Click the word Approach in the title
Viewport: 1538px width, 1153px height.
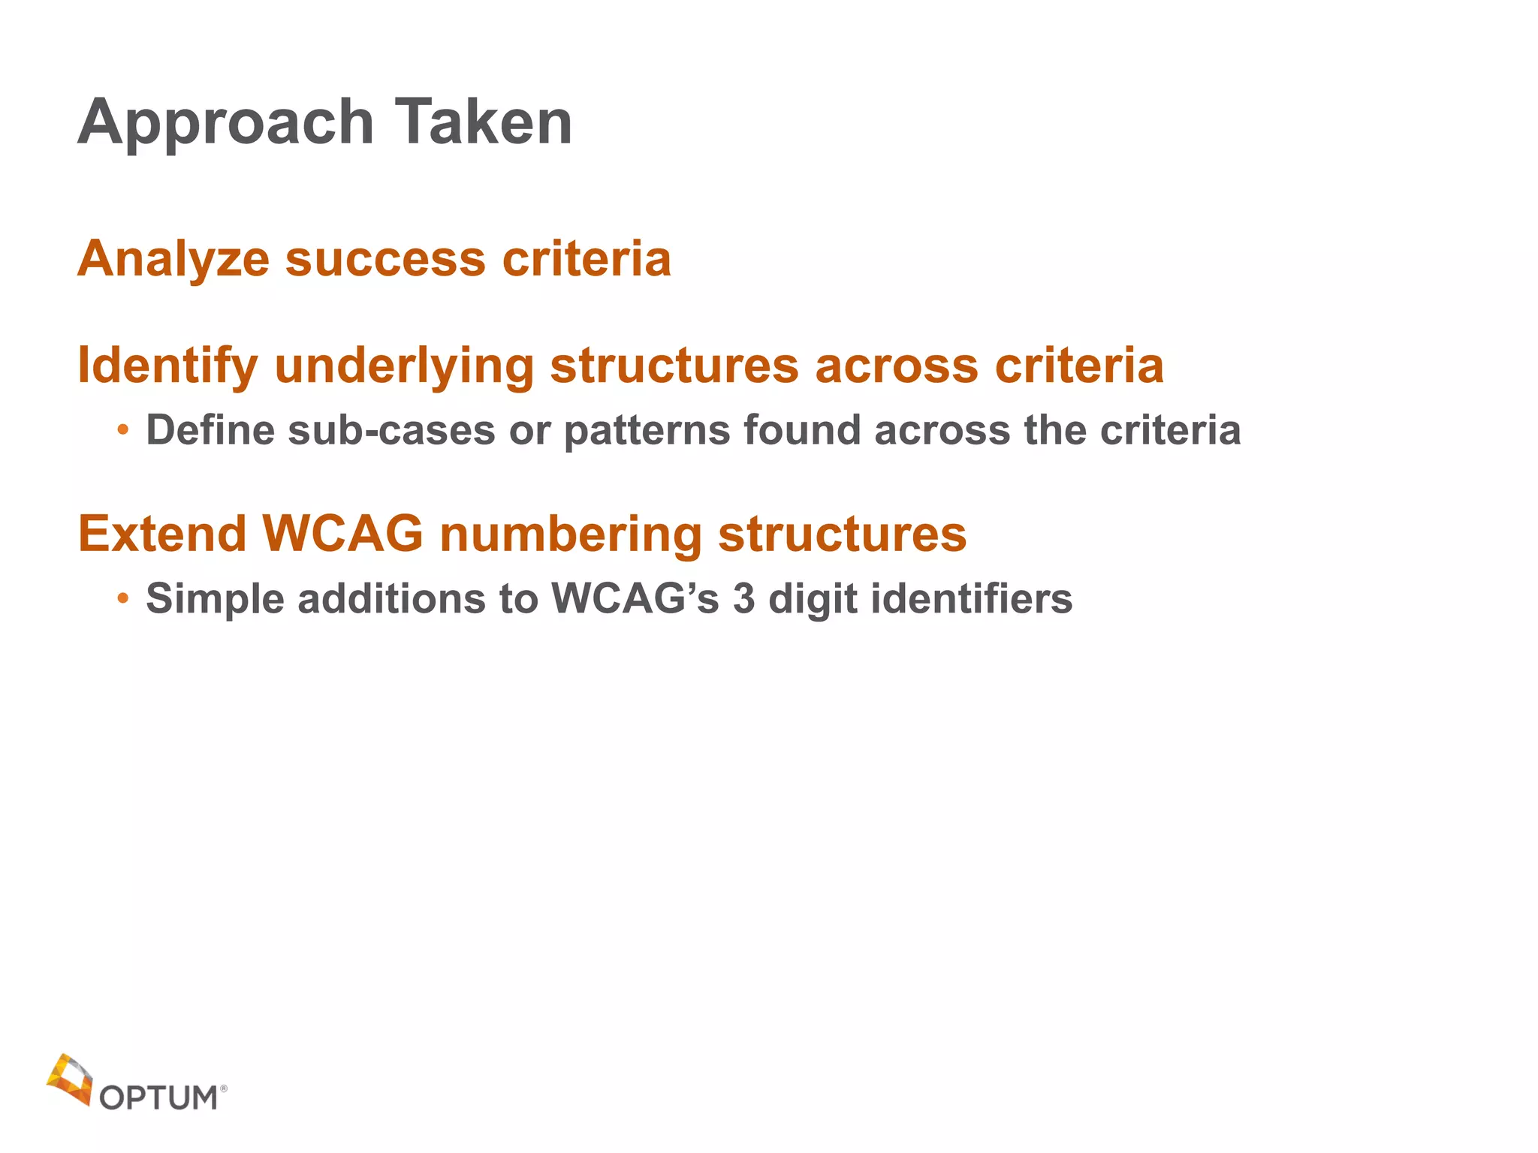tap(225, 124)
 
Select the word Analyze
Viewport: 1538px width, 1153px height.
tap(173, 259)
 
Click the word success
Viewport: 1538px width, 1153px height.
tap(385, 259)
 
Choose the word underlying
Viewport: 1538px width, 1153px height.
tap(404, 367)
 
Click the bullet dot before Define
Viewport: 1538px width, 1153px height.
tap(122, 430)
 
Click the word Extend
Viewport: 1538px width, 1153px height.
tap(162, 534)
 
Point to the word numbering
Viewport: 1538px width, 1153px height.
tap(570, 535)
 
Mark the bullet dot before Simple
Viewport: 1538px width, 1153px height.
tap(122, 598)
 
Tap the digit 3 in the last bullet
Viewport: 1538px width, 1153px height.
tap(743, 599)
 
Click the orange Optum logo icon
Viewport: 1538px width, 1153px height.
tap(70, 1079)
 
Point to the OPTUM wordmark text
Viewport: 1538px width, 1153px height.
tap(158, 1098)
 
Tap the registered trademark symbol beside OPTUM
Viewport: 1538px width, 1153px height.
tap(224, 1087)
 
